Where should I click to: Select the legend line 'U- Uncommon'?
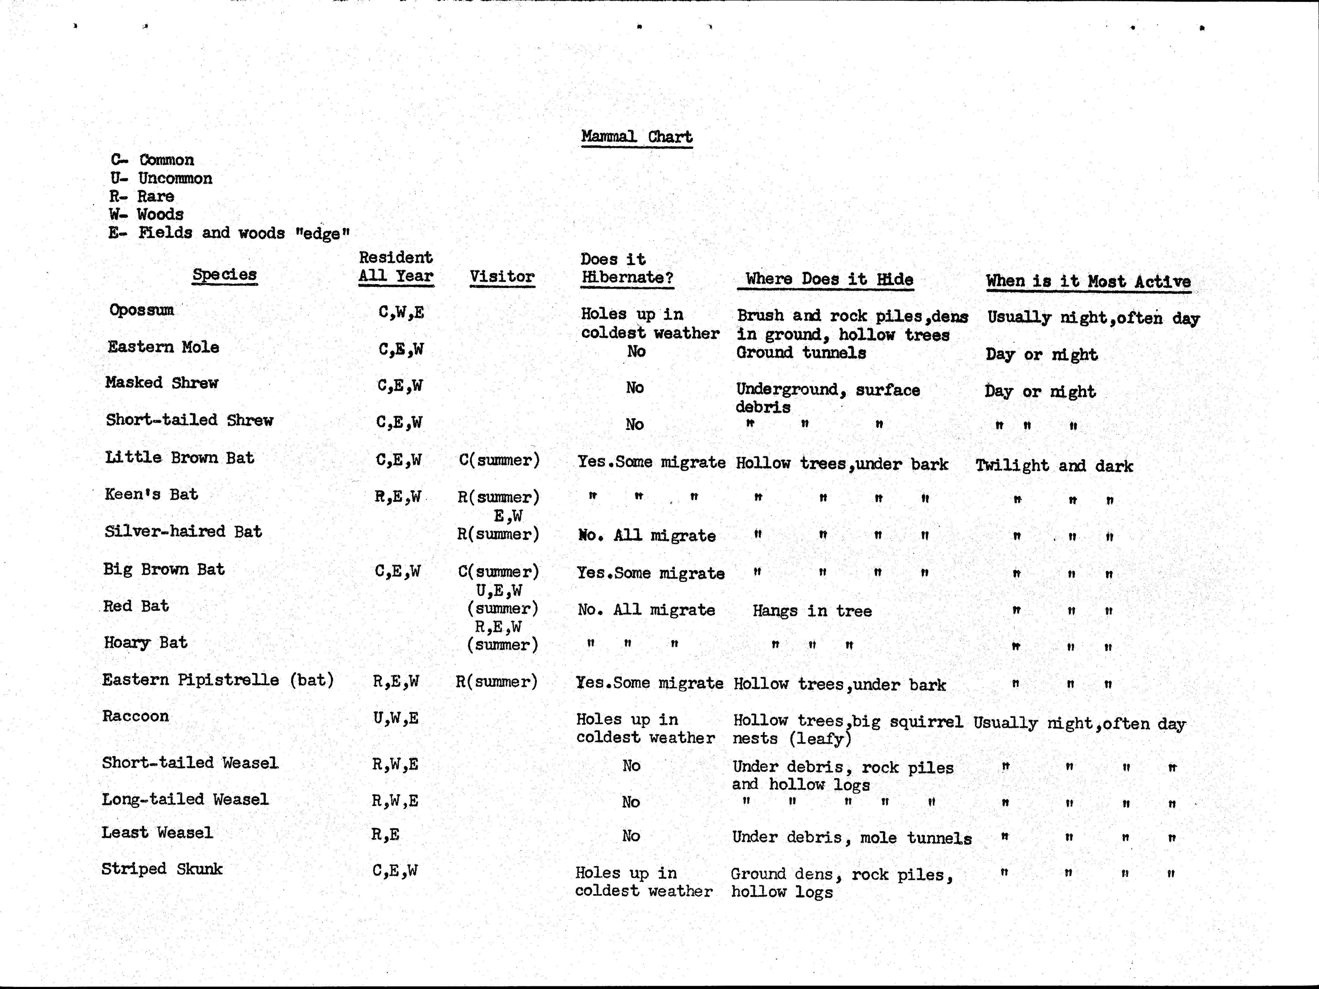click(161, 178)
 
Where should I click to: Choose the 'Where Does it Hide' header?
click(829, 279)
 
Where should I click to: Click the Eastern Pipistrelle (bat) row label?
click(218, 680)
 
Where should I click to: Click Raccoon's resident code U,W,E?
click(395, 718)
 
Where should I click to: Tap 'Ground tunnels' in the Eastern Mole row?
click(801, 352)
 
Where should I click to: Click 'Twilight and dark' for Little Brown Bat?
click(1054, 466)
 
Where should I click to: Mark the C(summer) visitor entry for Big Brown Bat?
click(498, 571)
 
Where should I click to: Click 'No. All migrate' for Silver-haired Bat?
click(646, 536)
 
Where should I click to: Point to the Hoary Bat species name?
click(146, 642)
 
